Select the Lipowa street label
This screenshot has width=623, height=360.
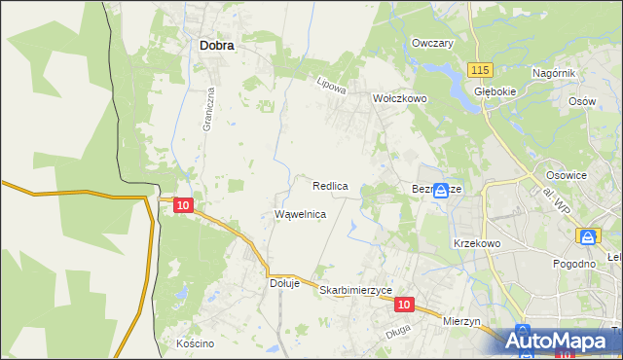(x=332, y=85)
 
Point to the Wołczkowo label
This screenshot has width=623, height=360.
(x=400, y=98)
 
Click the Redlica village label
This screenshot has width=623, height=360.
(x=331, y=185)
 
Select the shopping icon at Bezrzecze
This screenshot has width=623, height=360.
(x=441, y=191)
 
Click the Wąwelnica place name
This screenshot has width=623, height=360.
(x=300, y=213)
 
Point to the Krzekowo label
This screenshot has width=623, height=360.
(x=476, y=243)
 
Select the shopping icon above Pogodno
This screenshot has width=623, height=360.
(x=587, y=237)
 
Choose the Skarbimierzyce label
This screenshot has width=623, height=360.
(x=355, y=291)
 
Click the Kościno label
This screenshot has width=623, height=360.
(x=195, y=343)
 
